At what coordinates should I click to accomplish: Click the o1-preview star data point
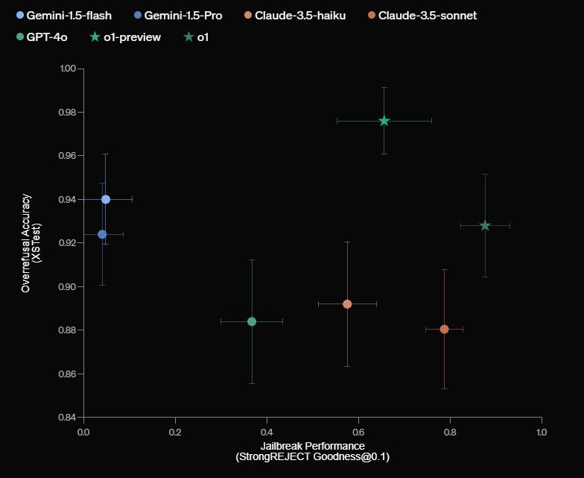click(x=384, y=121)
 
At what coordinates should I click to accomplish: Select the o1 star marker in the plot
click(x=485, y=225)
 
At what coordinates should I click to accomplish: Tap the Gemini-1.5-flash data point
click(x=106, y=199)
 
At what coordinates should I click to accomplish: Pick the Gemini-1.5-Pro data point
click(x=102, y=234)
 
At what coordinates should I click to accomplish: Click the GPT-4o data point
click(x=252, y=321)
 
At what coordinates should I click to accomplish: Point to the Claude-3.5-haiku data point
click(x=347, y=304)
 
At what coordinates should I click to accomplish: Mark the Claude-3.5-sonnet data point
click(x=445, y=329)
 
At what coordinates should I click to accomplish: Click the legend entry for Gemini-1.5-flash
click(x=63, y=15)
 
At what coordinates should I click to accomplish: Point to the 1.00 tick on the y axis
click(x=68, y=69)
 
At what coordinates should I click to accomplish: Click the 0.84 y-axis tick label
click(x=68, y=417)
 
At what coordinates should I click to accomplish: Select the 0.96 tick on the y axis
click(x=68, y=156)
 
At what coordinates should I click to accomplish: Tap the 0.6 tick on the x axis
click(x=358, y=431)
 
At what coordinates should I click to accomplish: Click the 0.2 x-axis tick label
click(x=175, y=431)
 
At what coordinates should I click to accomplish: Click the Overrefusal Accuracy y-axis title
click(x=31, y=242)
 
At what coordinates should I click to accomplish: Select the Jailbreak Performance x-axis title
click(x=312, y=446)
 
